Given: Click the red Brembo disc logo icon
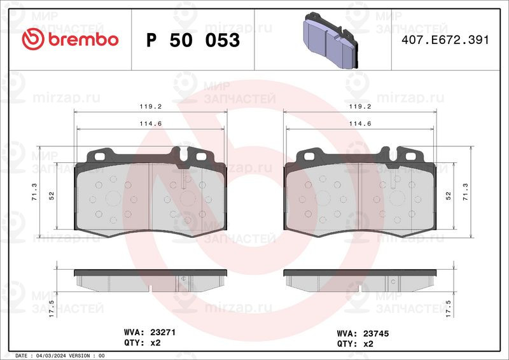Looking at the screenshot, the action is (x=33, y=39).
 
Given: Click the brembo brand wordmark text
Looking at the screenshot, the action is (x=83, y=39).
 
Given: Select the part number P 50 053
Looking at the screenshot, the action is (x=193, y=40).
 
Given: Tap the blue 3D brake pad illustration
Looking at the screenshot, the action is (x=330, y=41).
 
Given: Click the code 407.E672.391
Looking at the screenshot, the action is (x=445, y=39).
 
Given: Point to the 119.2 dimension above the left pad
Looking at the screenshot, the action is (x=151, y=106).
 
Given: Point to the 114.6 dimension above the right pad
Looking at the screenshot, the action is (x=360, y=123).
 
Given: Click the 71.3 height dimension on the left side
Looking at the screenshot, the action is (x=34, y=192).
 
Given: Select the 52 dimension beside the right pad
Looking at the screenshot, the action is (x=448, y=196).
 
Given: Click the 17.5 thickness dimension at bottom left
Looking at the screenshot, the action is (x=52, y=308).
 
